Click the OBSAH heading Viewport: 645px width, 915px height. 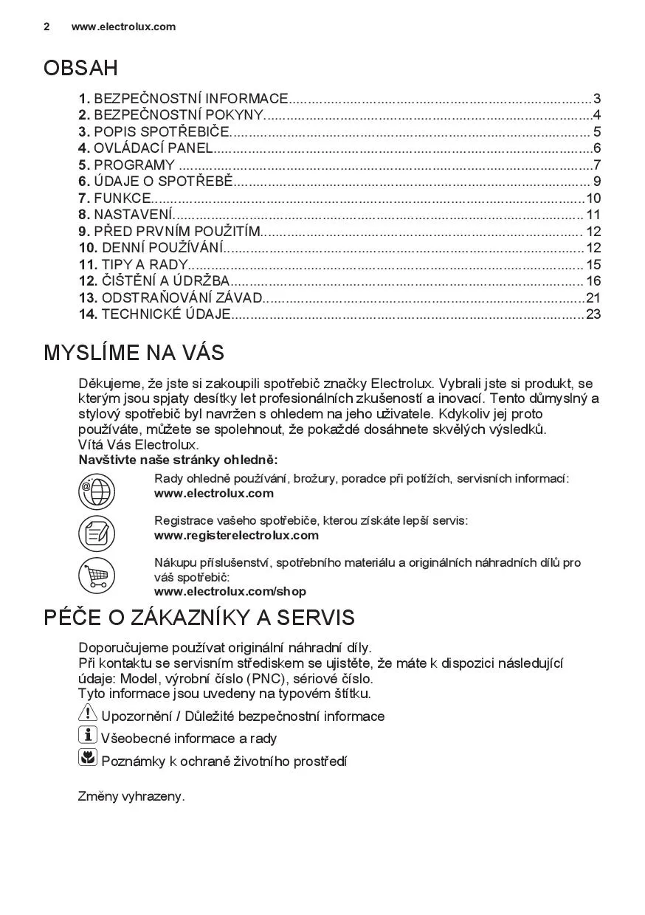(80, 69)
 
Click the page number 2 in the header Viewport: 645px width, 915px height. (47, 27)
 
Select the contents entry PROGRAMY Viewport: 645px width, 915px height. (134, 165)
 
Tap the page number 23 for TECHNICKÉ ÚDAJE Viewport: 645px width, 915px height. (593, 314)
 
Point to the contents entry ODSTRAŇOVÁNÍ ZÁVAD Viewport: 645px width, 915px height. (181, 298)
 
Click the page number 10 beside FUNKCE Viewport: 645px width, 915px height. (593, 198)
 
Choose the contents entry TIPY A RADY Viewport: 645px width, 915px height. (144, 265)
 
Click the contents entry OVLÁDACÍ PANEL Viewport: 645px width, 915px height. (152, 148)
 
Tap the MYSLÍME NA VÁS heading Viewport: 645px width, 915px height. (134, 353)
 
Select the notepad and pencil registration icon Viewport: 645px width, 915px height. (97, 533)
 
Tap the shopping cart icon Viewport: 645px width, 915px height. (97, 576)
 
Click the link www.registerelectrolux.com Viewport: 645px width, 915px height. (236, 535)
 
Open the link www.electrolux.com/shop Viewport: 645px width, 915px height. (230, 591)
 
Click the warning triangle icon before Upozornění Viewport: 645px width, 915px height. (87, 714)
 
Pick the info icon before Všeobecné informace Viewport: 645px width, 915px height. (87, 735)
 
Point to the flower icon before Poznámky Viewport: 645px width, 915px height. (87, 757)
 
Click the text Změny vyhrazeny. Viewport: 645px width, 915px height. (131, 796)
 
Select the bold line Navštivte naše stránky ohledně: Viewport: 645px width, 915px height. (178, 460)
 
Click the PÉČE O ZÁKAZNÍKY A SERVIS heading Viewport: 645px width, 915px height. (199, 618)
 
